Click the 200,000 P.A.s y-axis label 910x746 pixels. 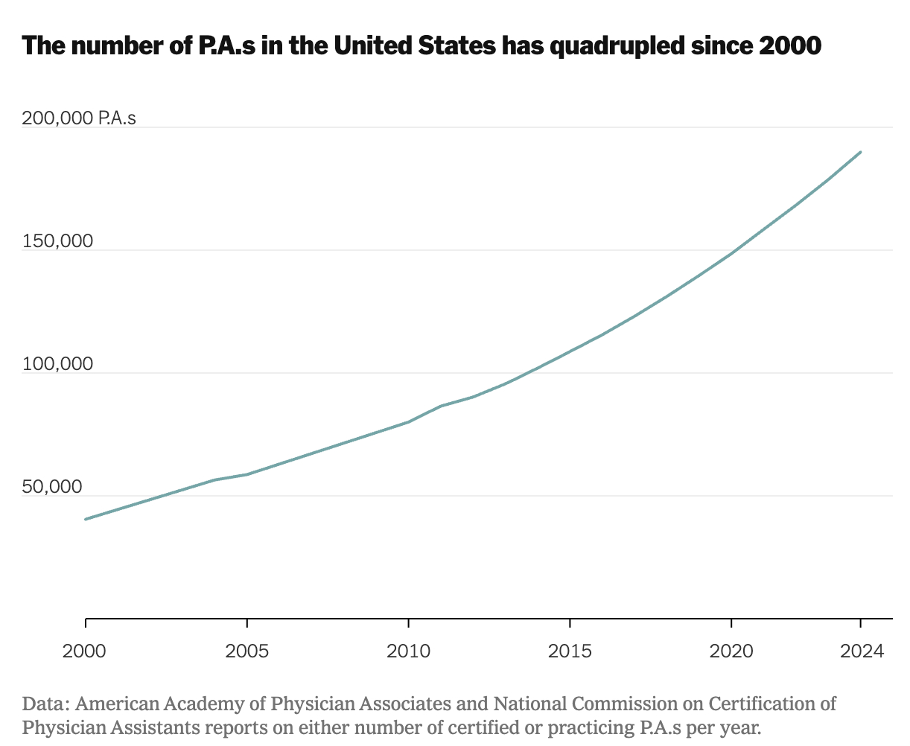(79, 118)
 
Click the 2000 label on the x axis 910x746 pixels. (86, 651)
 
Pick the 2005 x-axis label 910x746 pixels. (247, 651)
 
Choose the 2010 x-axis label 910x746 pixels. (409, 651)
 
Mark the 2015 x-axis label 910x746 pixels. (570, 651)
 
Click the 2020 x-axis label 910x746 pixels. (731, 651)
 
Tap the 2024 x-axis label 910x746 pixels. (861, 651)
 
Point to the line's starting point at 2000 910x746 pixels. (86, 519)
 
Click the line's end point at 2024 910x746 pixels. (861, 152)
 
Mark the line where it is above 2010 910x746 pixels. (409, 421)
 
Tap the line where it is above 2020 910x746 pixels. (731, 254)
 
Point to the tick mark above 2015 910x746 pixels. (570, 622)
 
